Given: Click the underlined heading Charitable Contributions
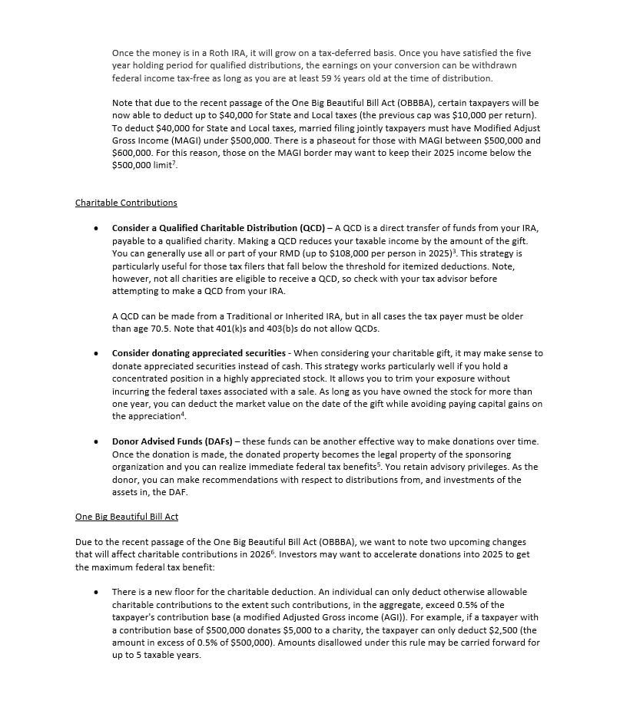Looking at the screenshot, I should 126,203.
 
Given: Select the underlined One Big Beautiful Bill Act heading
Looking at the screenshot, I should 127,517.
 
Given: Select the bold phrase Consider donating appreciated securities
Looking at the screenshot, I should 199,353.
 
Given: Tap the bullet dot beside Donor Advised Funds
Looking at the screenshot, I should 95,442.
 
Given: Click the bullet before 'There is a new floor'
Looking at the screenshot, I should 95,593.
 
